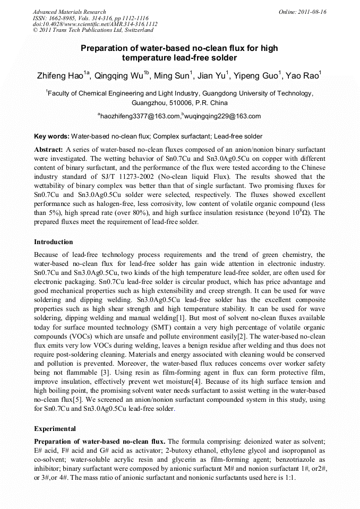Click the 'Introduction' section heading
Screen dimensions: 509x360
pyautogui.click(x=54, y=242)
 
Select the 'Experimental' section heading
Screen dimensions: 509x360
pyautogui.click(x=55, y=428)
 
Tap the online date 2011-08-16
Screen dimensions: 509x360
pyautogui.click(x=312, y=12)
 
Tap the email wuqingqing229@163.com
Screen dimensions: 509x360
pyautogui.click(x=222, y=116)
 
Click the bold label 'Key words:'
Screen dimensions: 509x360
pyautogui.click(x=52, y=136)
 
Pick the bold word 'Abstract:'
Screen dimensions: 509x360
pyautogui.click(x=49, y=150)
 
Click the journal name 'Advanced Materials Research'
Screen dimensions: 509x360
pyautogui.click(x=70, y=12)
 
